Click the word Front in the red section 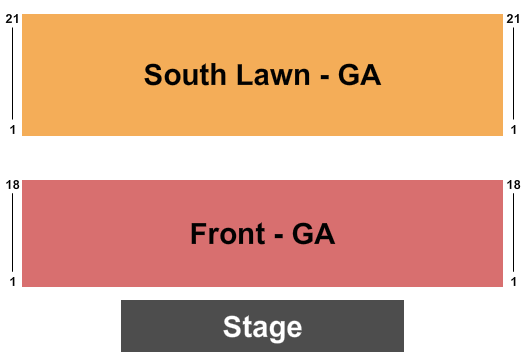(x=228, y=235)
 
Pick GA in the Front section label (x=313, y=235)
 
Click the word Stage (x=262, y=327)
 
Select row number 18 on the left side (x=12, y=185)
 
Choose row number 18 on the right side (x=513, y=185)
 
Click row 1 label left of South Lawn (x=12, y=130)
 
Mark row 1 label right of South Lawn (x=513, y=130)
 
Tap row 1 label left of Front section (x=12, y=283)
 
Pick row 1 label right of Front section (x=513, y=283)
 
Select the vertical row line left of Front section (x=12, y=234)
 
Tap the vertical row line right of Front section (x=513, y=234)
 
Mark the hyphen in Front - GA (x=278, y=237)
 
